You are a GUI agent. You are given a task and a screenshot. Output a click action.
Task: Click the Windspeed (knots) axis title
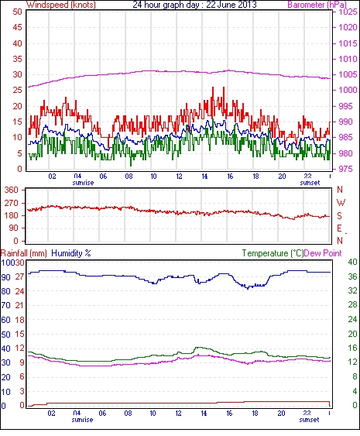click(61, 5)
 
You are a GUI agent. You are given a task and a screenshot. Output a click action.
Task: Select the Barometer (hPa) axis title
click(317, 5)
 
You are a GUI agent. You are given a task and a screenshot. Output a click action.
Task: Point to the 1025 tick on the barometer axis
click(348, 12)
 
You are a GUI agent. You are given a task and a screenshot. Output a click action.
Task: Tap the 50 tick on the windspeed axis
click(18, 12)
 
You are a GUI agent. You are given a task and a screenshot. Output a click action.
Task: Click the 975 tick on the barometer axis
click(345, 169)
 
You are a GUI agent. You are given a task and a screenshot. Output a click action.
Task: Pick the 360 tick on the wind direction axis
click(12, 191)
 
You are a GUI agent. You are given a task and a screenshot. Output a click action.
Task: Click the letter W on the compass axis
click(341, 203)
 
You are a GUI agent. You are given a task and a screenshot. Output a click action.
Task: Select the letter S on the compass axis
click(339, 215)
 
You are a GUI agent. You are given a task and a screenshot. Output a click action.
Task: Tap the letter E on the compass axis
click(339, 228)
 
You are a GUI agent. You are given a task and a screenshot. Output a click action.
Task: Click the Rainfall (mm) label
click(24, 253)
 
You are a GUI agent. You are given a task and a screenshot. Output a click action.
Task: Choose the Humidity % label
click(71, 253)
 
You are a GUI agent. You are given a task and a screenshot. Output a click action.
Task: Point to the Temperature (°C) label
click(273, 253)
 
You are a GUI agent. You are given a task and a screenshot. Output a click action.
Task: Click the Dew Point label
click(323, 253)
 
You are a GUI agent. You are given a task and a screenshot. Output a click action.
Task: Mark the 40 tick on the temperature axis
click(352, 262)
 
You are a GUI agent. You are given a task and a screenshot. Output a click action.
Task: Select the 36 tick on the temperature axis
click(352, 276)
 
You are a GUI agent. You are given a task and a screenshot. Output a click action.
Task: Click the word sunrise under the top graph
click(83, 183)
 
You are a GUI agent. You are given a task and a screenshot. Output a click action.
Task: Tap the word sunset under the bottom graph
click(310, 420)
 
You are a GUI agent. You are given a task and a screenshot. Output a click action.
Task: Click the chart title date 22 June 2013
click(231, 5)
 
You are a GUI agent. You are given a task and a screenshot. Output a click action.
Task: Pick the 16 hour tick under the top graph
click(230, 177)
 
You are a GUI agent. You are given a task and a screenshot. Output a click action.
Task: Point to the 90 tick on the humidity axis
click(6, 277)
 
